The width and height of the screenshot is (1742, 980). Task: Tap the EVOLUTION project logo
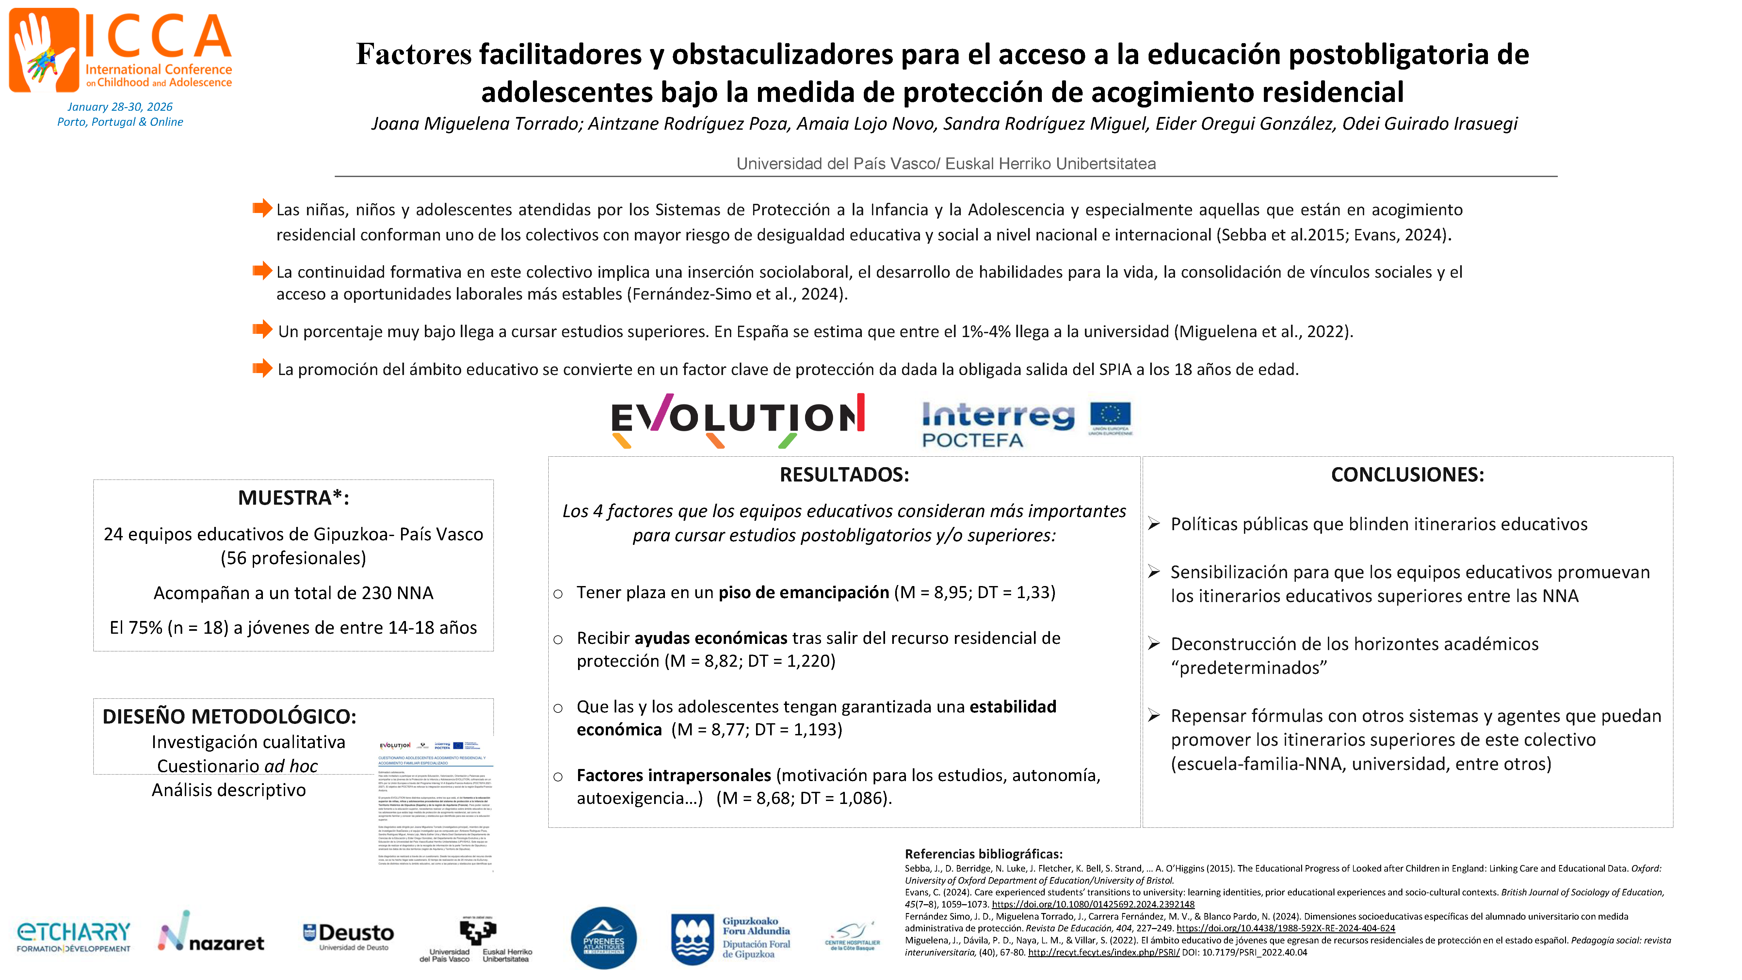[737, 419]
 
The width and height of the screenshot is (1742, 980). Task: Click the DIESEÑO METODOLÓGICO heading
[229, 716]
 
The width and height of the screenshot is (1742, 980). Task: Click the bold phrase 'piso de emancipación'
[803, 593]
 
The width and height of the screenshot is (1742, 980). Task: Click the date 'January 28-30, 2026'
[120, 107]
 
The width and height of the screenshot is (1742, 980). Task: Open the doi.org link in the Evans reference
[1093, 904]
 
